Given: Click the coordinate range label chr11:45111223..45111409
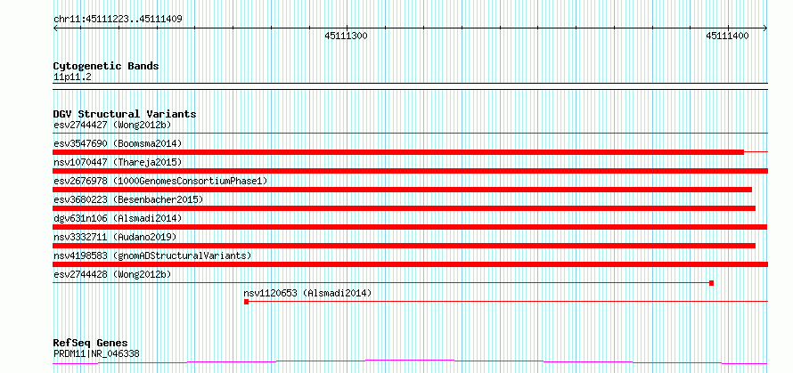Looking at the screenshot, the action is [118, 20].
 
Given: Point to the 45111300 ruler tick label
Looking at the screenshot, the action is [346, 36].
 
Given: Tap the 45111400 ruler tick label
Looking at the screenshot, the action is [727, 36].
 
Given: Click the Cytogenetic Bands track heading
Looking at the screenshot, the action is [106, 66].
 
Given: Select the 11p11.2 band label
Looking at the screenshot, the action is [72, 77].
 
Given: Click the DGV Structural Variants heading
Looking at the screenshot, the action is [125, 114].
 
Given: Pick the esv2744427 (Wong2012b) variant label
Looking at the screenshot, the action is [112, 125].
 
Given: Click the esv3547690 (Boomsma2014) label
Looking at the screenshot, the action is [118, 143].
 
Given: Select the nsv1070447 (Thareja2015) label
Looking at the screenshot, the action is [118, 162].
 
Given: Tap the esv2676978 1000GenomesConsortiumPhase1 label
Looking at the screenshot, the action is [160, 181].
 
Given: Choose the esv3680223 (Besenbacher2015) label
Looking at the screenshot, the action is [128, 199].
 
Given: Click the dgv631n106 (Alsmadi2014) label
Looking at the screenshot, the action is [118, 218].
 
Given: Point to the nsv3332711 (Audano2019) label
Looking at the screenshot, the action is [115, 237].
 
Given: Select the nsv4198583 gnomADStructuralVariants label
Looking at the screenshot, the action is [152, 255].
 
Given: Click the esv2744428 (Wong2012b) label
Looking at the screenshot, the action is [112, 274].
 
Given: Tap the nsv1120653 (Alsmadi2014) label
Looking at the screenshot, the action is [307, 293].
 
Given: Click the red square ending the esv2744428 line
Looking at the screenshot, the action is [712, 283].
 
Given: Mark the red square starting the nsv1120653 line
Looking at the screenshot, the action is [246, 302].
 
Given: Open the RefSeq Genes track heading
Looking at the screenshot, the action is [91, 344].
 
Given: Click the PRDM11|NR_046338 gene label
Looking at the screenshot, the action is [96, 353].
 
